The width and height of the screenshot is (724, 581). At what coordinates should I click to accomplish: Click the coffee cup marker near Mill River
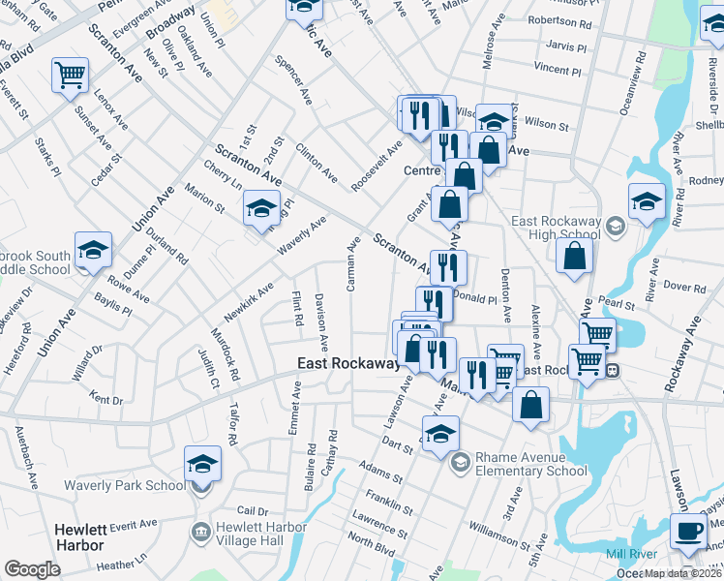[x=688, y=531]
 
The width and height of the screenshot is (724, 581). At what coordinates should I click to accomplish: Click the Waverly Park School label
[x=125, y=485]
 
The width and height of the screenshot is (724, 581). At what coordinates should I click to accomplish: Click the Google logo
[x=32, y=569]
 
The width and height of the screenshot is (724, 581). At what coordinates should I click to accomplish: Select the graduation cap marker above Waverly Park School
[x=203, y=463]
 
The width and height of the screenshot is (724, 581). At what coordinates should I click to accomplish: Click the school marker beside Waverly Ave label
[x=260, y=207]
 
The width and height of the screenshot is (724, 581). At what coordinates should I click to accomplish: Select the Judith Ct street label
[x=209, y=369]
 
